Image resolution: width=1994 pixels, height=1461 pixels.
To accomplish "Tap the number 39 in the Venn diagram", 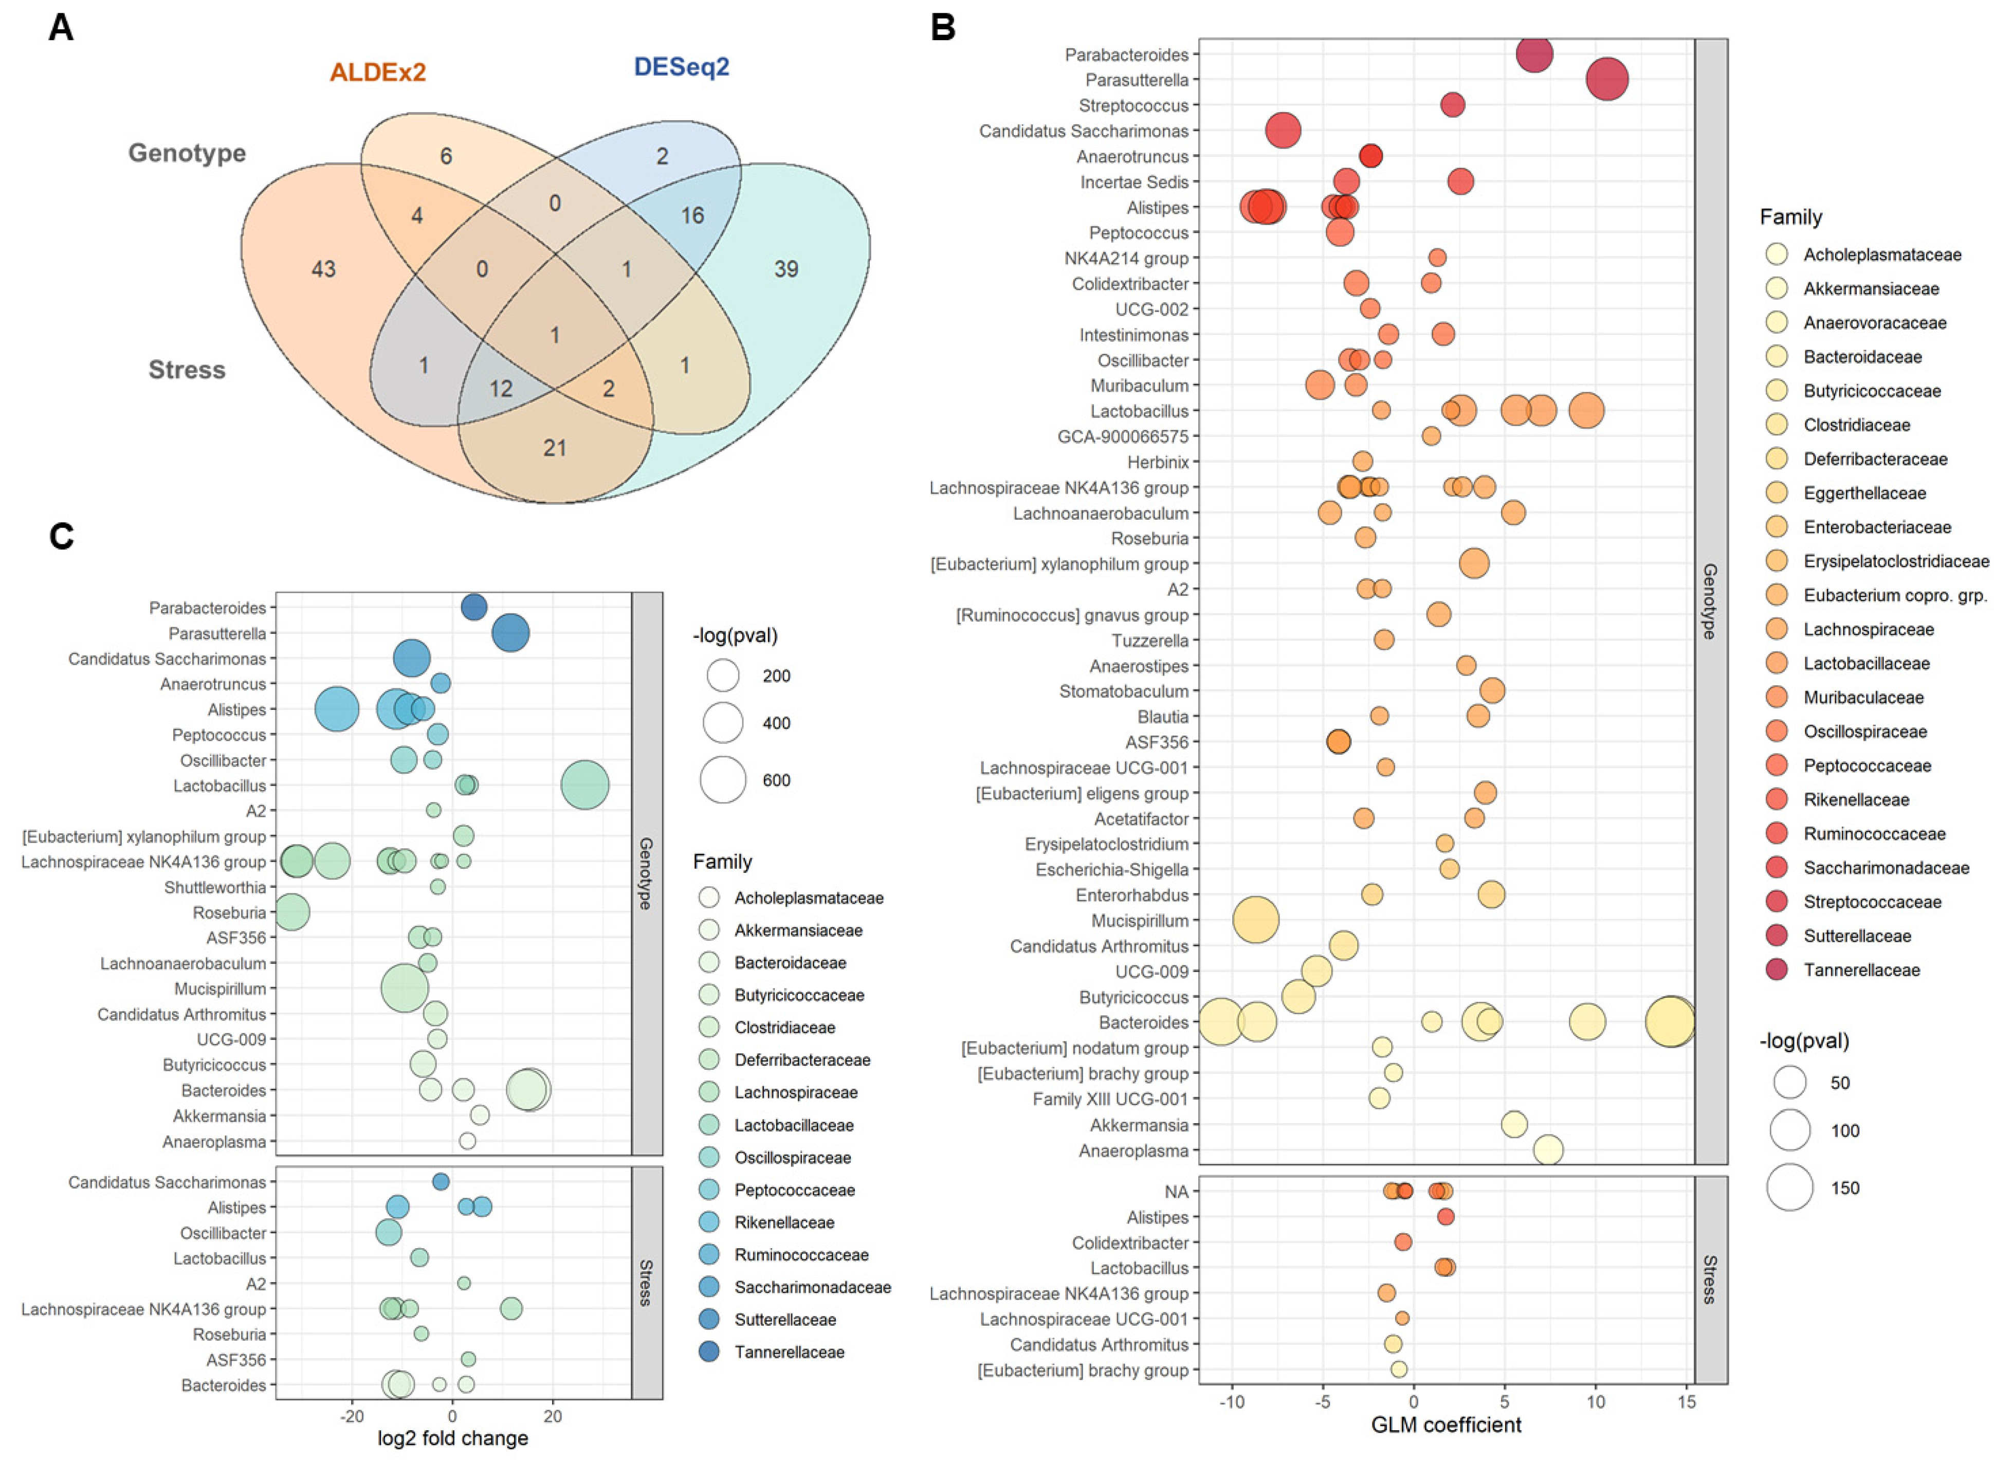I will click(785, 269).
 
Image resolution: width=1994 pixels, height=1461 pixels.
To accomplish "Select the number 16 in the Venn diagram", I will click(691, 215).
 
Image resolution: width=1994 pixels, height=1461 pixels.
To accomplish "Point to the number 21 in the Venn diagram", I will click(555, 448).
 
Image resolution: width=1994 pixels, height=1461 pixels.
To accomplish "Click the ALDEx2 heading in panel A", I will click(378, 71).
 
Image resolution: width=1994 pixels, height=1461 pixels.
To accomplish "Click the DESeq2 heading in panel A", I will click(681, 67).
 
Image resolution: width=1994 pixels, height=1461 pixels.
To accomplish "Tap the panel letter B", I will click(943, 28).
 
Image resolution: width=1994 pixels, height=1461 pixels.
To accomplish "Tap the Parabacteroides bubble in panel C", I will click(474, 608).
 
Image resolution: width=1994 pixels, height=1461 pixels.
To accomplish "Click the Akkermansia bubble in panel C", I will click(480, 1115).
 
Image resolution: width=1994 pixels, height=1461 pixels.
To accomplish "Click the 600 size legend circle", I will click(723, 780).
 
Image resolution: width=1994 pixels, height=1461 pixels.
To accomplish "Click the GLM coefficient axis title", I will click(1446, 1425).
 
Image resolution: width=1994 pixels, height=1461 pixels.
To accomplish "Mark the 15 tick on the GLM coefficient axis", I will click(1686, 1402).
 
